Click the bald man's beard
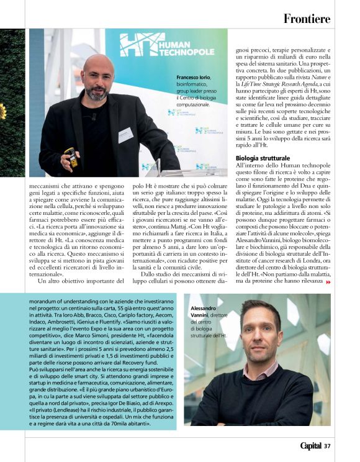pyautogui.click(x=97, y=93)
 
